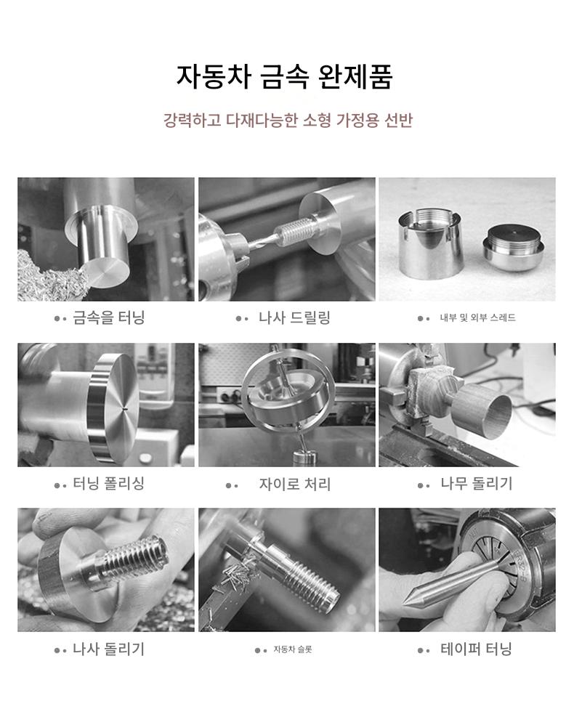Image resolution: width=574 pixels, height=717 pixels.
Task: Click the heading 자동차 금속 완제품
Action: [285, 76]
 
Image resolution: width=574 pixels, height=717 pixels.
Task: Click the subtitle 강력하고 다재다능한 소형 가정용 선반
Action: [288, 120]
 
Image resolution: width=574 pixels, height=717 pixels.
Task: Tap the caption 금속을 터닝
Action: [109, 317]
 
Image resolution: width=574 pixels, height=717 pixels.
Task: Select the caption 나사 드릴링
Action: [294, 317]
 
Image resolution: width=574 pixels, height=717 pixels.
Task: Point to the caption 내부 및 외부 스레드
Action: [477, 317]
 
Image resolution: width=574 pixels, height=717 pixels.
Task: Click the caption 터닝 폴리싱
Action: [109, 483]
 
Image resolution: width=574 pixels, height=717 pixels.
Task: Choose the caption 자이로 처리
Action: [294, 484]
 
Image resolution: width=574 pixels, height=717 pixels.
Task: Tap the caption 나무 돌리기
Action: [476, 483]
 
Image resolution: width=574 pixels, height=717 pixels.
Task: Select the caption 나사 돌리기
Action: [108, 649]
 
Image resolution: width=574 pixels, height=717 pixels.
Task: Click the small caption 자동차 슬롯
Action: [293, 649]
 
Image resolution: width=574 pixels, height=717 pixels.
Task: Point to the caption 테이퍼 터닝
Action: [476, 649]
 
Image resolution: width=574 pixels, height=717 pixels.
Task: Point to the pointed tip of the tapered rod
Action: [404, 604]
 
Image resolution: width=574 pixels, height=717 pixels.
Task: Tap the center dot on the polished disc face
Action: [125, 406]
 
